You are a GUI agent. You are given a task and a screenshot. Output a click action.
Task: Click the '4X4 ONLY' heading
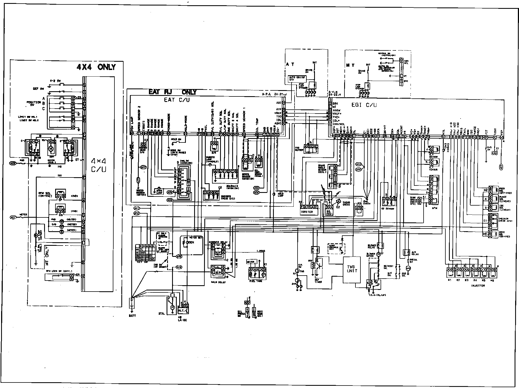96,67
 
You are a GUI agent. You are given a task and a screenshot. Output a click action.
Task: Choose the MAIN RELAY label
217,282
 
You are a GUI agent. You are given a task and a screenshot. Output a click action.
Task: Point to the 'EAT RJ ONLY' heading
173,92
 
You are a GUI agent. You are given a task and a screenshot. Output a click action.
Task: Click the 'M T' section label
350,66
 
